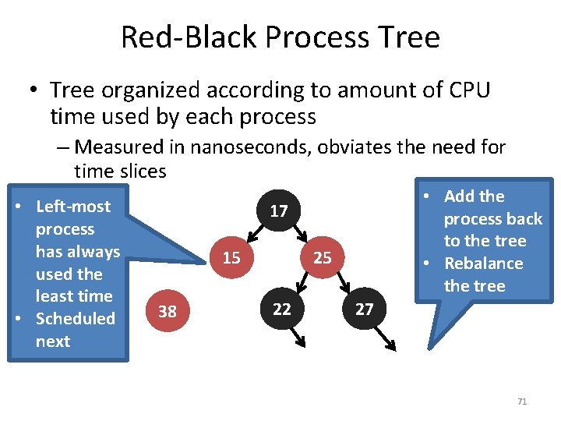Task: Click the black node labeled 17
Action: point(279,211)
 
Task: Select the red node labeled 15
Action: point(231,257)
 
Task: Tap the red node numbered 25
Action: point(322,257)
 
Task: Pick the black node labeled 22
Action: point(282,309)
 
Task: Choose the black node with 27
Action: point(364,309)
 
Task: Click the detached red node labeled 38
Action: point(167,312)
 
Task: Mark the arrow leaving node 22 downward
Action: point(297,336)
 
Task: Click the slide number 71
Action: point(522,402)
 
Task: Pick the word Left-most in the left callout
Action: point(73,207)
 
